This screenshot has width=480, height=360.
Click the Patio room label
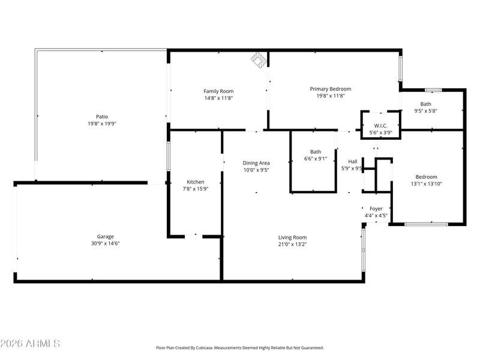[102, 116]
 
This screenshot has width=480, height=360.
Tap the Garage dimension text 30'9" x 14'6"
[105, 244]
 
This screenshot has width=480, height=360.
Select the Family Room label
[218, 91]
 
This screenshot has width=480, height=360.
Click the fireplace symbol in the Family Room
[259, 60]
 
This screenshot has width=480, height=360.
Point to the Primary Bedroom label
[331, 89]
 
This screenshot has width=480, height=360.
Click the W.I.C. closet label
[380, 126]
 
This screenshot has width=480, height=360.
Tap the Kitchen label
[196, 182]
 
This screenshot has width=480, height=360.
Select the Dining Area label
[256, 163]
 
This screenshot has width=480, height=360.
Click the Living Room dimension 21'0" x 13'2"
[292, 244]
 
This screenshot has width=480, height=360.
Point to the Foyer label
[376, 209]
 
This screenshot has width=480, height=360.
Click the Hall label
[353, 161]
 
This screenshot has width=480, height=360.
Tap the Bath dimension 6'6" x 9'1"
[316, 158]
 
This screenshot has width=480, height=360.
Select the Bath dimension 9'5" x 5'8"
[425, 111]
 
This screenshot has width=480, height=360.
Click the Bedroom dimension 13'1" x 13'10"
[426, 184]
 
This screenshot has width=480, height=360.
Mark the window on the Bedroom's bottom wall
[426, 224]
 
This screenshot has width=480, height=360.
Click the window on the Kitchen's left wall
[169, 156]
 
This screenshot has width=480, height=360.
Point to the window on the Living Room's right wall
[364, 250]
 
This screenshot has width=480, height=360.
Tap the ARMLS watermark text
[30, 343]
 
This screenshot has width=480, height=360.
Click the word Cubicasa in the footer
[205, 348]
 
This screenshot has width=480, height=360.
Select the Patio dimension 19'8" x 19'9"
[102, 124]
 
